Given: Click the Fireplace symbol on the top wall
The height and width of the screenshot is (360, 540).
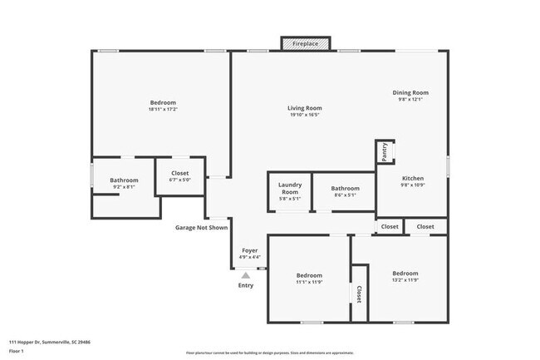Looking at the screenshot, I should [305, 42].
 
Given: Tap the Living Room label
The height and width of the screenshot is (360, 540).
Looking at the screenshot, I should [305, 108].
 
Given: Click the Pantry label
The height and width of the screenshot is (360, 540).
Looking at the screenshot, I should [385, 151].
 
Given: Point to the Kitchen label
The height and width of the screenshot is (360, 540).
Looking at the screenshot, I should [413, 179].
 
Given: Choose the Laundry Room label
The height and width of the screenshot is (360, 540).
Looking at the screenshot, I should [289, 189].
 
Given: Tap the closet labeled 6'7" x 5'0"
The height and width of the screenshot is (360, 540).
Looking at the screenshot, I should [179, 176].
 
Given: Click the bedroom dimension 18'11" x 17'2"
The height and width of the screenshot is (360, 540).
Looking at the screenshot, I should [163, 109].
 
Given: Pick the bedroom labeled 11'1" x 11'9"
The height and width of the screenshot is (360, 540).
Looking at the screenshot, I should [309, 279].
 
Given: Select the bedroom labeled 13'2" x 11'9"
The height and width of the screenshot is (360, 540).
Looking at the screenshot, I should [405, 277].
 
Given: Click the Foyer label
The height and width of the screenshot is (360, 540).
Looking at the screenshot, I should [249, 250].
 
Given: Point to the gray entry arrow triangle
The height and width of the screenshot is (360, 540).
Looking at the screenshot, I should [245, 274].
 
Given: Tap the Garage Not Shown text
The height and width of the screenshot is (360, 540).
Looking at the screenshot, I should [201, 227].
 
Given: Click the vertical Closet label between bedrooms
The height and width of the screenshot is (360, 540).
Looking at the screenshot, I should [359, 293].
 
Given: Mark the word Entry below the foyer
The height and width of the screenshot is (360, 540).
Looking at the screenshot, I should [246, 286].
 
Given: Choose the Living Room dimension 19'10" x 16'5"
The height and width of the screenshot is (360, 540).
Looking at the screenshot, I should [305, 115].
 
